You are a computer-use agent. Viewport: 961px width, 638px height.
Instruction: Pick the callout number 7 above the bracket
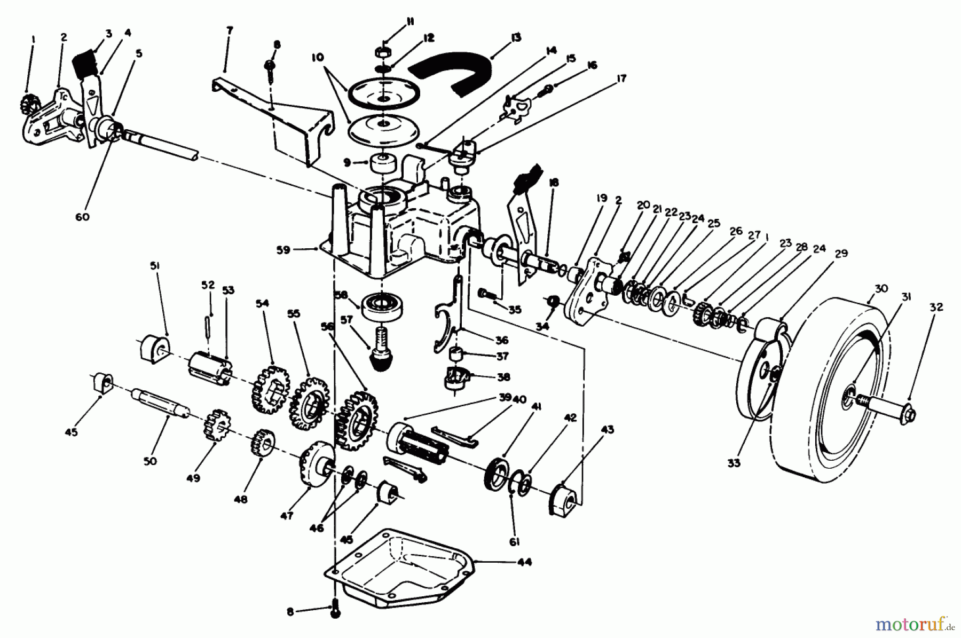230,30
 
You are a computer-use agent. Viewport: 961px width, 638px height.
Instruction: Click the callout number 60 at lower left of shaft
82,217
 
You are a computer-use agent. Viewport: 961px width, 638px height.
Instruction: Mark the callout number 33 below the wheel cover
734,463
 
